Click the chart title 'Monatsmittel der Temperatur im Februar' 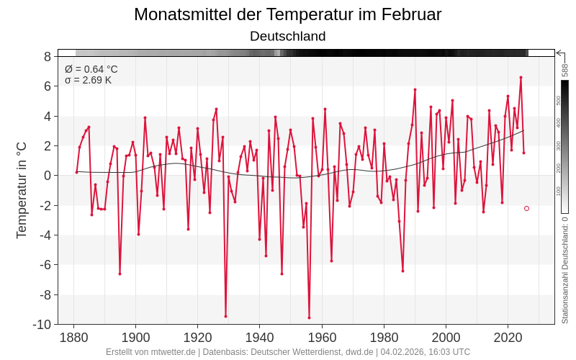[x=287, y=14]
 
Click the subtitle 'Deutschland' [x=287, y=36]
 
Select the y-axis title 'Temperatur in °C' [x=22, y=189]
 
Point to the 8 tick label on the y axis [x=47, y=56]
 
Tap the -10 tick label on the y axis [x=42, y=324]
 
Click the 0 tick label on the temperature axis [x=47, y=176]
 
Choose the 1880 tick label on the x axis [x=73, y=338]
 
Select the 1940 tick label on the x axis [x=260, y=338]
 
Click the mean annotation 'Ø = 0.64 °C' [x=91, y=69]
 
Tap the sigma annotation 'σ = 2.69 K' [x=88, y=80]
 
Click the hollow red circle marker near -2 [x=526, y=208]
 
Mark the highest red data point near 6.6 [x=521, y=77]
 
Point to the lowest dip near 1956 [x=309, y=318]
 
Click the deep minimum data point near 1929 [x=225, y=316]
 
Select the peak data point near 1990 [x=415, y=89]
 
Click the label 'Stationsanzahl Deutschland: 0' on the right [x=565, y=270]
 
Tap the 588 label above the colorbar [x=565, y=70]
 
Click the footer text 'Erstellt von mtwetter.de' [x=150, y=352]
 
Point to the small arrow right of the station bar [x=560, y=53]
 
